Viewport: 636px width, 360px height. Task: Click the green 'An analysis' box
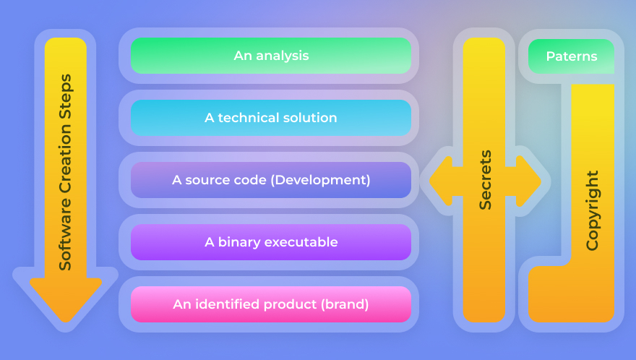click(x=271, y=56)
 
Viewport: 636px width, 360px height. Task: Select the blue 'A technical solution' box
click(x=271, y=118)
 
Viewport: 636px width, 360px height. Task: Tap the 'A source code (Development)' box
click(x=271, y=180)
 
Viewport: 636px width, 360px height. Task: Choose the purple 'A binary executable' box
click(x=271, y=242)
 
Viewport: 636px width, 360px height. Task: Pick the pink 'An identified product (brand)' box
click(x=271, y=304)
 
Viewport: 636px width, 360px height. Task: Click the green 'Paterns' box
click(x=571, y=56)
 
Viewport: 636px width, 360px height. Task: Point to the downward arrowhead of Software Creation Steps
click(x=66, y=299)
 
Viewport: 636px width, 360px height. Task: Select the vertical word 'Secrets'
click(x=485, y=180)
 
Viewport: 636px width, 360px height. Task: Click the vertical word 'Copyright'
click(x=593, y=210)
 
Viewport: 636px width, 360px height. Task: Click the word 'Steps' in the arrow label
click(x=66, y=96)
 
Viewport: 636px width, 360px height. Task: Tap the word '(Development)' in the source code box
click(x=320, y=180)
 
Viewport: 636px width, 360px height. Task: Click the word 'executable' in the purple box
click(x=301, y=242)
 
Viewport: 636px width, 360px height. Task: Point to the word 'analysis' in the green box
click(x=283, y=56)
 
